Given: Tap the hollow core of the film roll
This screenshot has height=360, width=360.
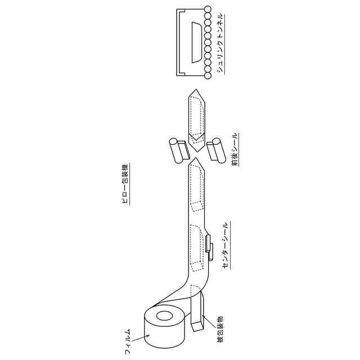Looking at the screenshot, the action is pyautogui.click(x=165, y=317).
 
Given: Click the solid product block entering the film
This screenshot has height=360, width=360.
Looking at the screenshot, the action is pyautogui.click(x=197, y=315).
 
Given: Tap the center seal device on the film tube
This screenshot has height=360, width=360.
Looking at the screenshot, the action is pyautogui.click(x=209, y=247).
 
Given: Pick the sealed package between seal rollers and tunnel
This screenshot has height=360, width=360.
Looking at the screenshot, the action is pyautogui.click(x=197, y=115).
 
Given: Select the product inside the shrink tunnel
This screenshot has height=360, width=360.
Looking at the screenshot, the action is pyautogui.click(x=197, y=42).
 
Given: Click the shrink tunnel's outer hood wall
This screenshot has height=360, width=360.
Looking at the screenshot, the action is pyautogui.click(x=179, y=42).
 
